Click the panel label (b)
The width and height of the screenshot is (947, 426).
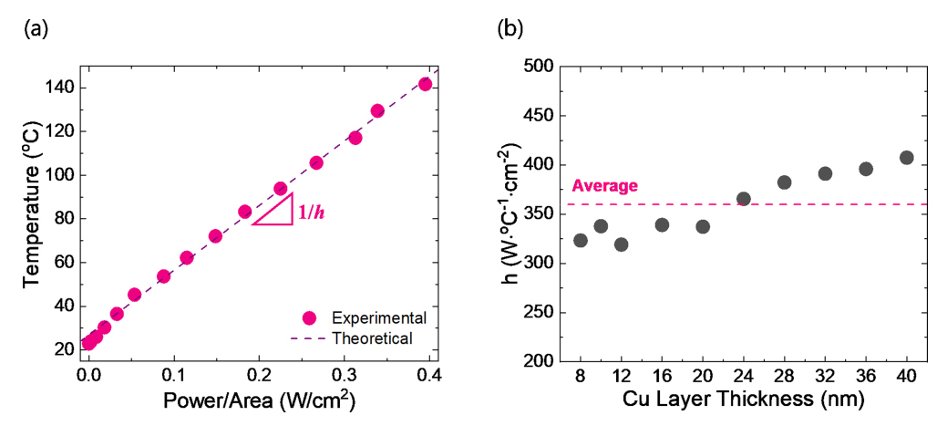coord(509,29)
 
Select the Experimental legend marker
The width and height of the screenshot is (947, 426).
coord(309,318)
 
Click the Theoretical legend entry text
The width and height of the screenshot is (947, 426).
coord(374,338)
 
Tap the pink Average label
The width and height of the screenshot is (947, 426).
coord(604,186)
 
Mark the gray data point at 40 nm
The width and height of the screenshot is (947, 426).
coord(906,157)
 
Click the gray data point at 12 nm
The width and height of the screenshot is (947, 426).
coord(621,244)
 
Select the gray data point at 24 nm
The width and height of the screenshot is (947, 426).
coord(743,199)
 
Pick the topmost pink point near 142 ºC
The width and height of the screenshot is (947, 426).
coord(425,84)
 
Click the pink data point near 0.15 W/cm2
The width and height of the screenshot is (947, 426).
coord(215,236)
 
